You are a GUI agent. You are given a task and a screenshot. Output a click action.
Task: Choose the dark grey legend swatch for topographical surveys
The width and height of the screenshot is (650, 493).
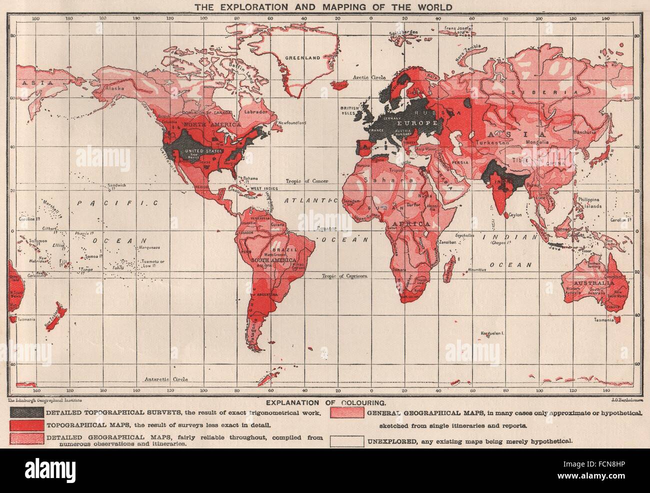(27, 413)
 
